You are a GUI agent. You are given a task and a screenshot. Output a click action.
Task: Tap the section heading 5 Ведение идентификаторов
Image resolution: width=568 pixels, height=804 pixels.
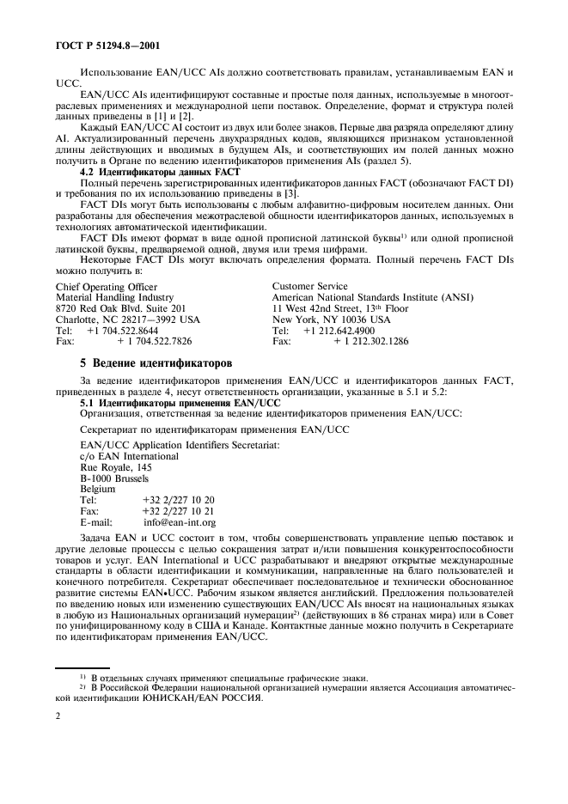coord(155,363)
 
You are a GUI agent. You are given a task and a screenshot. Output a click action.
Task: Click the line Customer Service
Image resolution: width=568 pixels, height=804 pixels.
coord(309,286)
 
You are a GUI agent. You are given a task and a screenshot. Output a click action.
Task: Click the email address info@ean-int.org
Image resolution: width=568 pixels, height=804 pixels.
coord(180,521)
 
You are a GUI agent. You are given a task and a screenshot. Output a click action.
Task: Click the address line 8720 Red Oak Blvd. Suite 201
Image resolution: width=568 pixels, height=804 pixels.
coord(120,308)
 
